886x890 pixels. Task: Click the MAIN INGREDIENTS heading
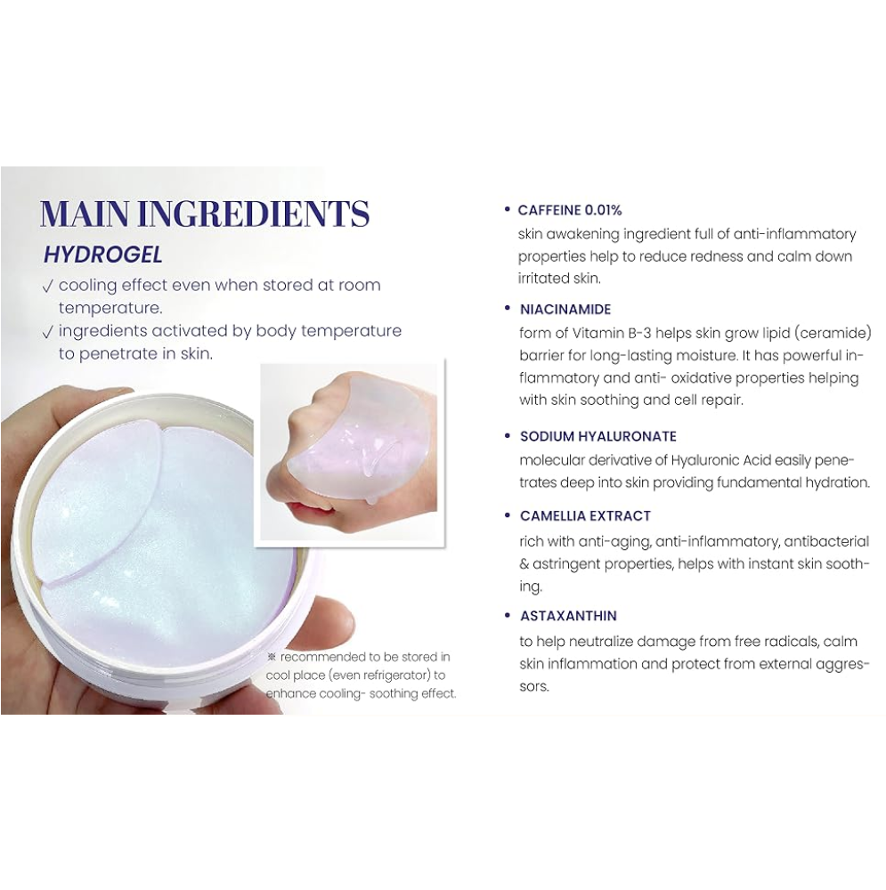point(205,214)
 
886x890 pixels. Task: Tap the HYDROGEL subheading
point(102,255)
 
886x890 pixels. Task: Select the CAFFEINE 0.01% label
point(570,210)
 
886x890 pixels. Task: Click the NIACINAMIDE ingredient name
point(565,310)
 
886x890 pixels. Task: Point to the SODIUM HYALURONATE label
point(598,436)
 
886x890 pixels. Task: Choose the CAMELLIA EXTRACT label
point(585,516)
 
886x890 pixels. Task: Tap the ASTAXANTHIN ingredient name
point(568,616)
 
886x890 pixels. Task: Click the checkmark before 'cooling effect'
point(48,287)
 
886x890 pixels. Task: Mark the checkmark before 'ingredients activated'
point(48,332)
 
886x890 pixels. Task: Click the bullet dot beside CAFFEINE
point(508,209)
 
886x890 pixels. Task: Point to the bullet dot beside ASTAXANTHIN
point(508,615)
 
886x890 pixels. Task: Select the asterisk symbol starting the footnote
point(272,657)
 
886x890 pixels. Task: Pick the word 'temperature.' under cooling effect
point(110,309)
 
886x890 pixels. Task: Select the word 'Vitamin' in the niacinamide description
point(598,333)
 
